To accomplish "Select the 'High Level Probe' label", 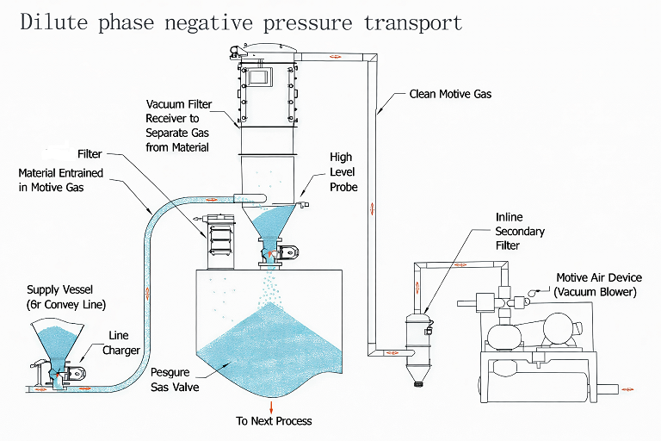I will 342,173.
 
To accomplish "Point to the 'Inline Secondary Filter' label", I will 520,231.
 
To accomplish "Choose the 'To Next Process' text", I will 274,421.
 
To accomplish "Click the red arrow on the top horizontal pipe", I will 334,57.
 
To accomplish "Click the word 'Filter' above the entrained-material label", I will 90,154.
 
